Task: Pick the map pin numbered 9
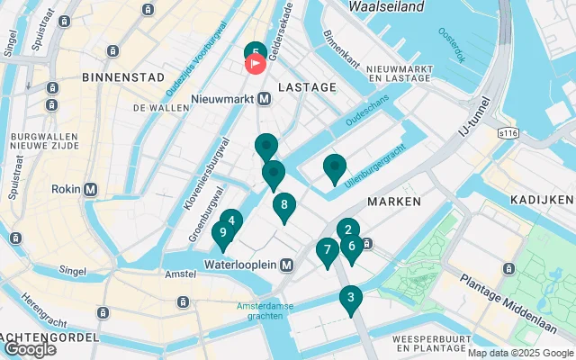pos(222,234)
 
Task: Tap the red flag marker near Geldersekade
pos(256,64)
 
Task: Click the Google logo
pos(30,349)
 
